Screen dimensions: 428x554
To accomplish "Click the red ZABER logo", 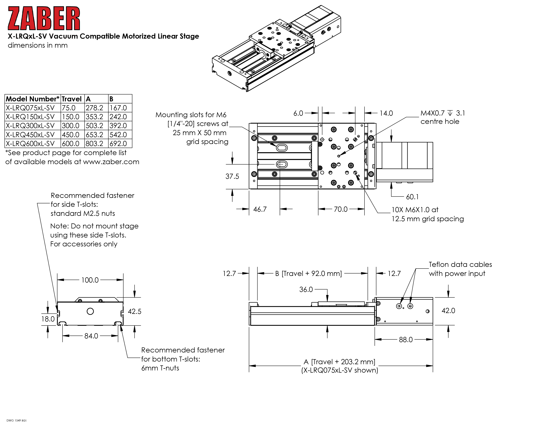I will click(x=44, y=18).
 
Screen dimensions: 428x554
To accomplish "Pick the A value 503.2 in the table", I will click(x=94, y=126).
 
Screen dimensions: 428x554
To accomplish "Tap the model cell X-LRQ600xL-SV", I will click(x=30, y=144).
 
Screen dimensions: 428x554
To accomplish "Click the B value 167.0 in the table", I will click(x=118, y=108).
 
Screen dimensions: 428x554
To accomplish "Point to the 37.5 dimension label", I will click(x=232, y=176).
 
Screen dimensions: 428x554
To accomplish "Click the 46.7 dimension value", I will click(x=260, y=209).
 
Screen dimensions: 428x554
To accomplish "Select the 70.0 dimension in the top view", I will click(x=341, y=209).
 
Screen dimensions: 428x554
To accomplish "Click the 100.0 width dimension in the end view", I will click(x=90, y=280).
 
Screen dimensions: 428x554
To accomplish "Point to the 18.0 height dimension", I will click(x=48, y=319).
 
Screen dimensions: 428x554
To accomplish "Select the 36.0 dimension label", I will click(x=306, y=290).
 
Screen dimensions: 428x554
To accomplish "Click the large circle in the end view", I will click(x=90, y=311).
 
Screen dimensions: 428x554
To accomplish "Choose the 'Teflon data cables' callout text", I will click(x=460, y=265).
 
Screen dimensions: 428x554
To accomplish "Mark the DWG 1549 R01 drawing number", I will click(x=16, y=420).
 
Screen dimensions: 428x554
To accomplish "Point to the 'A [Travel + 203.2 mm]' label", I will click(x=339, y=362).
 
